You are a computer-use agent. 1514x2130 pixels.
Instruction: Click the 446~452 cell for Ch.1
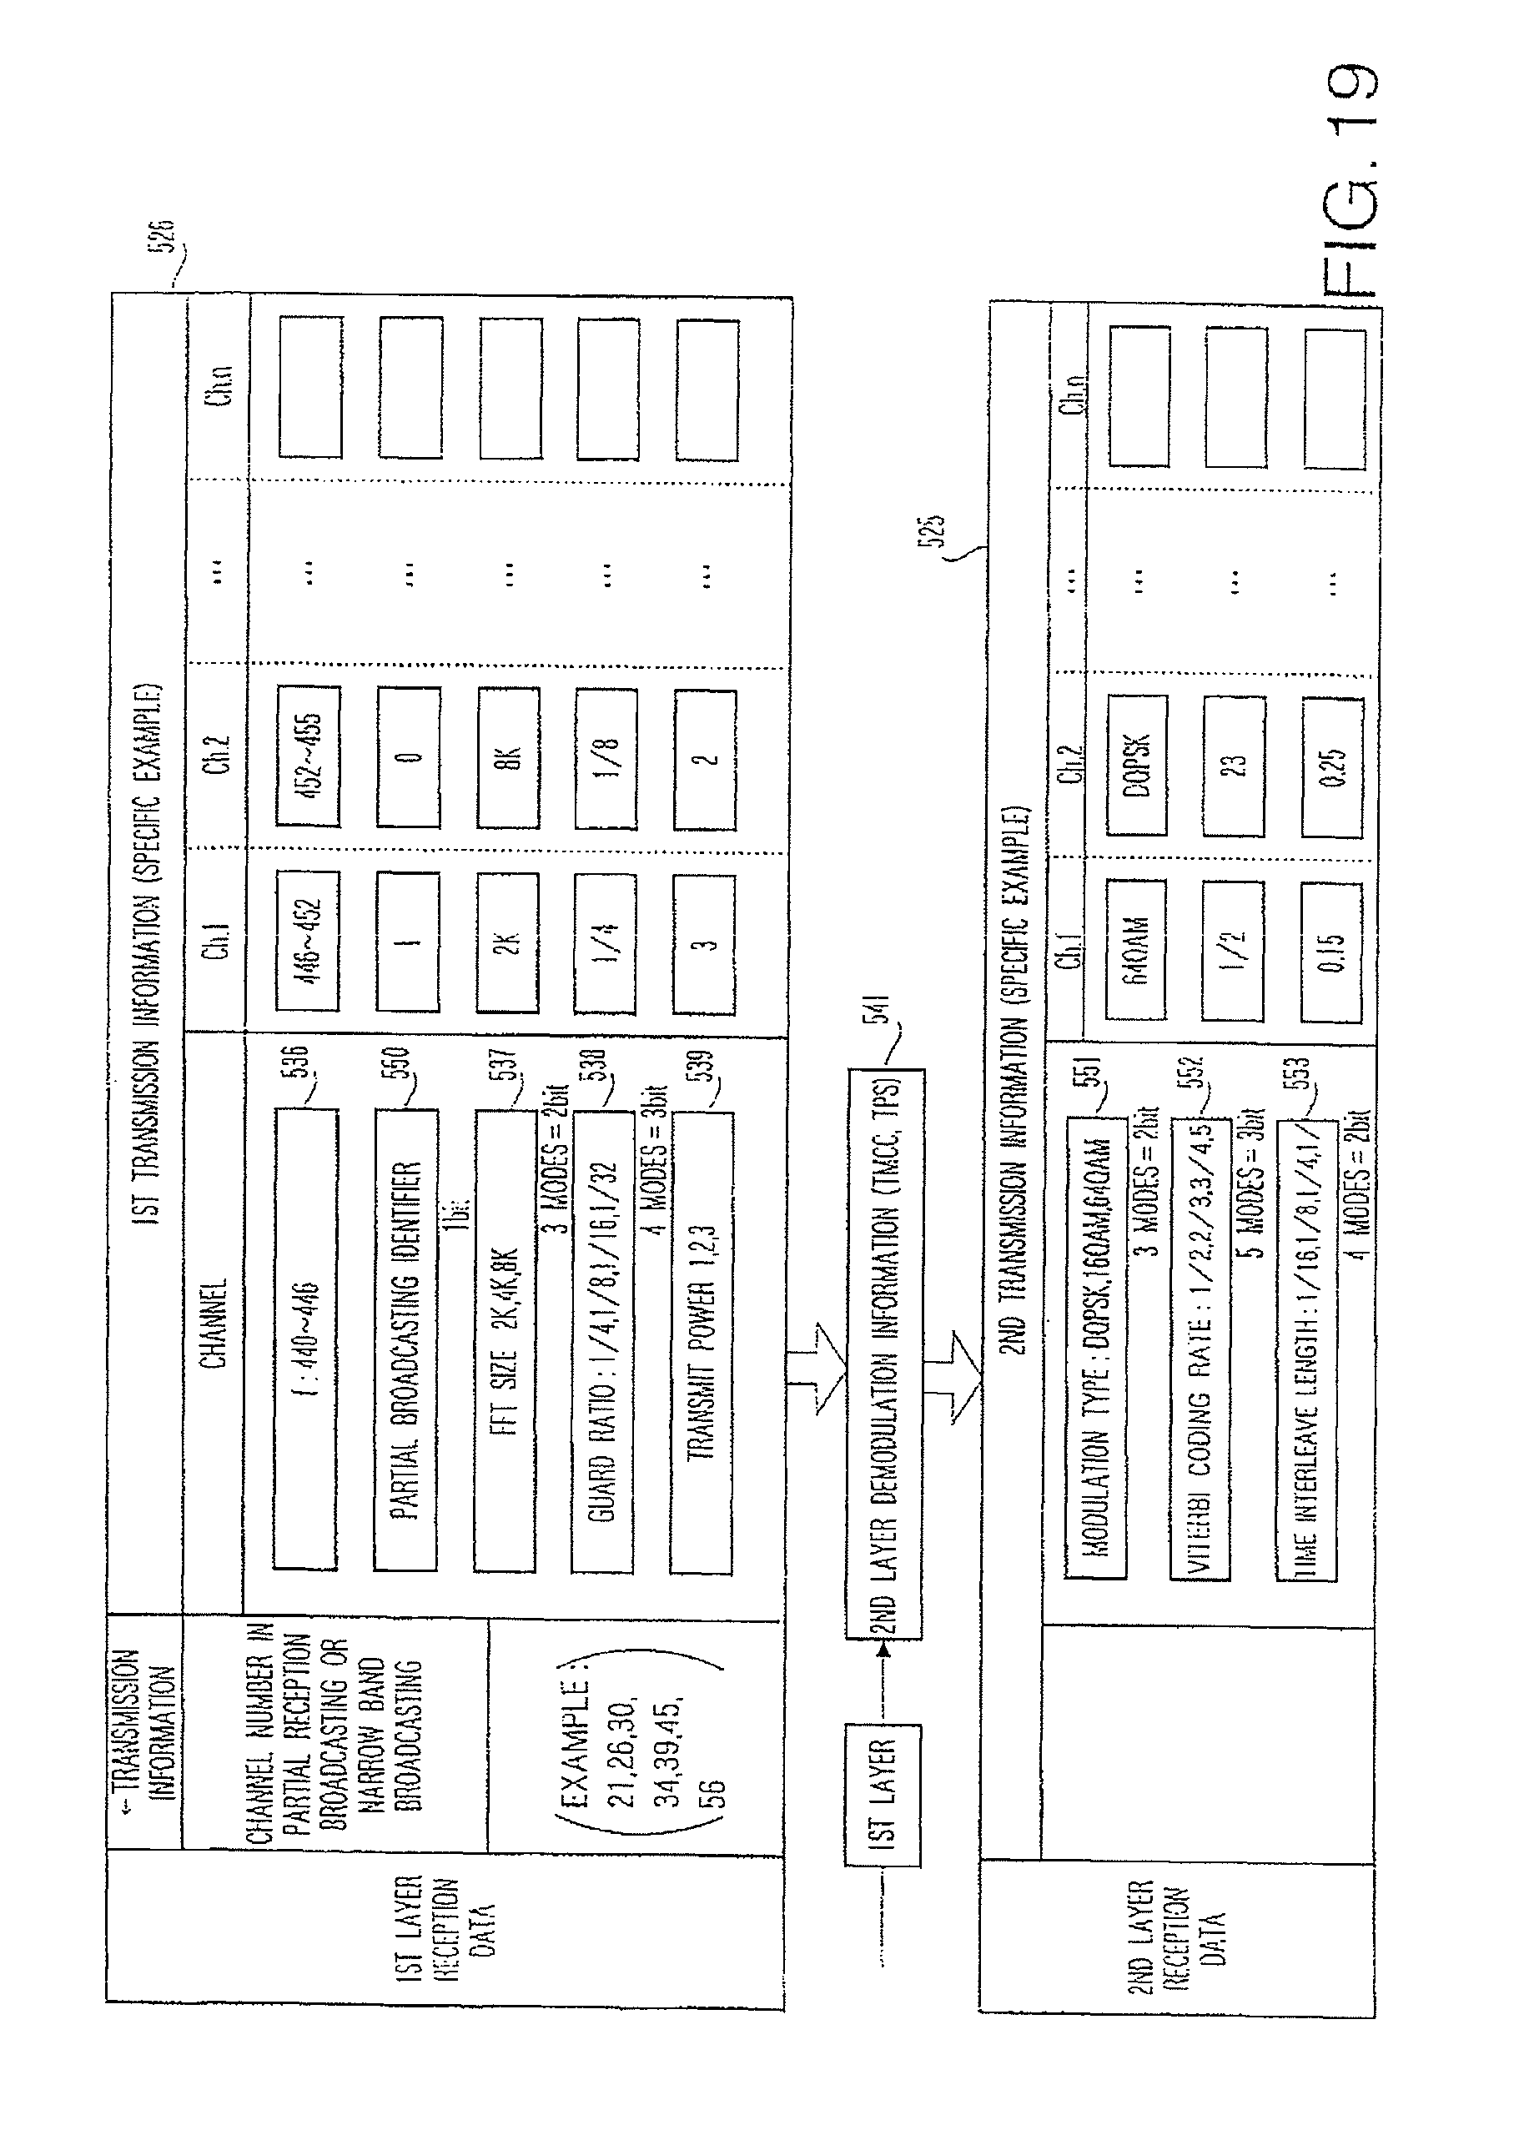point(308,941)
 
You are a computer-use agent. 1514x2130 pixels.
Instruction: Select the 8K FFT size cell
point(509,757)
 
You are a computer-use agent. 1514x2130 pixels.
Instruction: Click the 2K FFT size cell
point(508,942)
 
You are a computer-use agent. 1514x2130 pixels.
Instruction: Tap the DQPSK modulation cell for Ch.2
point(1137,765)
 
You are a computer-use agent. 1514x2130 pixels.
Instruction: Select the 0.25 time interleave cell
point(1333,767)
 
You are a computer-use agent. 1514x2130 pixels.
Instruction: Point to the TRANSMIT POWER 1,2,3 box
point(700,1343)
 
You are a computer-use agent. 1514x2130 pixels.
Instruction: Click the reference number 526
point(164,237)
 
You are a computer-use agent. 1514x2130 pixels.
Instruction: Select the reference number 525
point(937,530)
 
